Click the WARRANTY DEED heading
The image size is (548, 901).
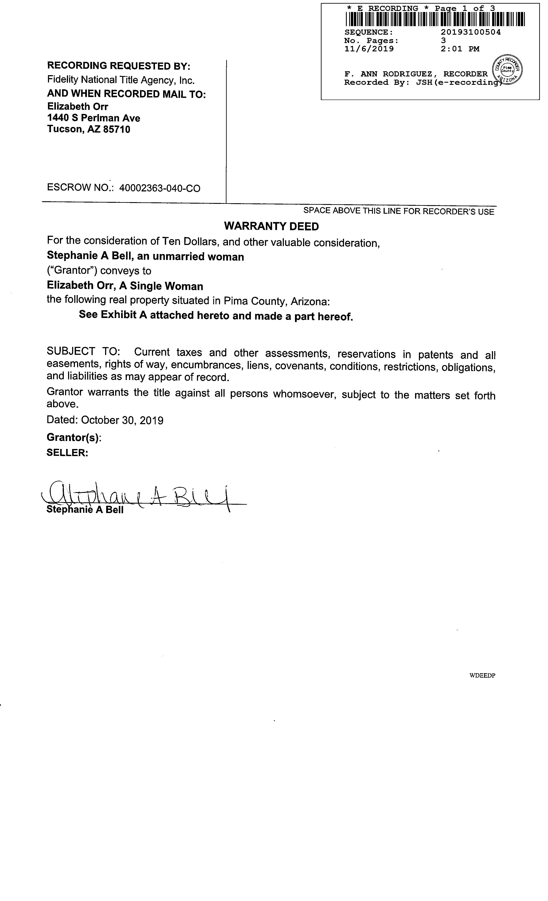tap(271, 226)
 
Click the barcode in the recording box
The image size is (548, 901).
tap(435, 19)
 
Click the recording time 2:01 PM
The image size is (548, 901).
tap(460, 49)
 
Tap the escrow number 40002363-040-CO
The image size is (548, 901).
tap(160, 188)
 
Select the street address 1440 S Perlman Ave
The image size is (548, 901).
tap(94, 118)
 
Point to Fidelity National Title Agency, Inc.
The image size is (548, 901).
tap(121, 80)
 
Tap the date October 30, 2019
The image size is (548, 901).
tap(122, 420)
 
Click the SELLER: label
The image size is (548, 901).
tap(67, 453)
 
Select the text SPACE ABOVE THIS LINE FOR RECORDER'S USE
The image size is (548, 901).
tap(399, 211)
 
